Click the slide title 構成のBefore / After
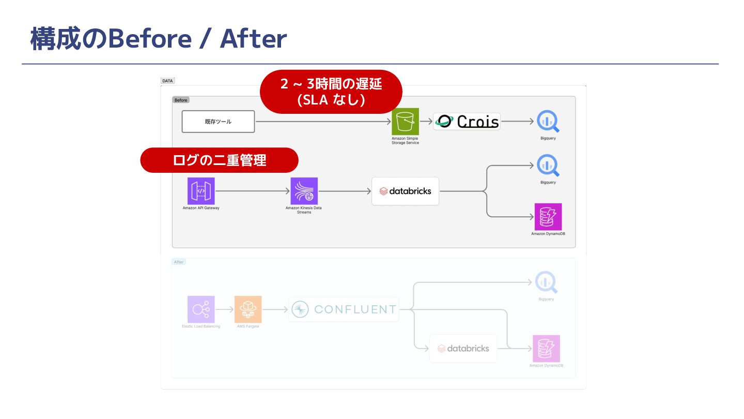tap(158, 39)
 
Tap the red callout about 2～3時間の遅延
tap(331, 92)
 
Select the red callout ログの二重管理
tap(220, 160)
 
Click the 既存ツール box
tap(218, 122)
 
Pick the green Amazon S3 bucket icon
tap(405, 122)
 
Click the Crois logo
tap(467, 122)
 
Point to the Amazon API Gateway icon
tap(201, 191)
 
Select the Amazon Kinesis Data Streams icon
tap(304, 191)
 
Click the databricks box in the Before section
tap(405, 191)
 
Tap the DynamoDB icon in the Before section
tap(548, 217)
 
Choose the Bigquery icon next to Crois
tap(548, 122)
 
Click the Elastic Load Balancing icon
tap(200, 309)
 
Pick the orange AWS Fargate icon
tap(247, 309)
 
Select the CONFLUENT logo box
tap(344, 309)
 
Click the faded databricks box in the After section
tap(463, 348)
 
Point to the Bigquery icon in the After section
tap(546, 282)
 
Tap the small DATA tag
tap(167, 81)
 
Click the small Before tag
tap(181, 100)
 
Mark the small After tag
tap(179, 262)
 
